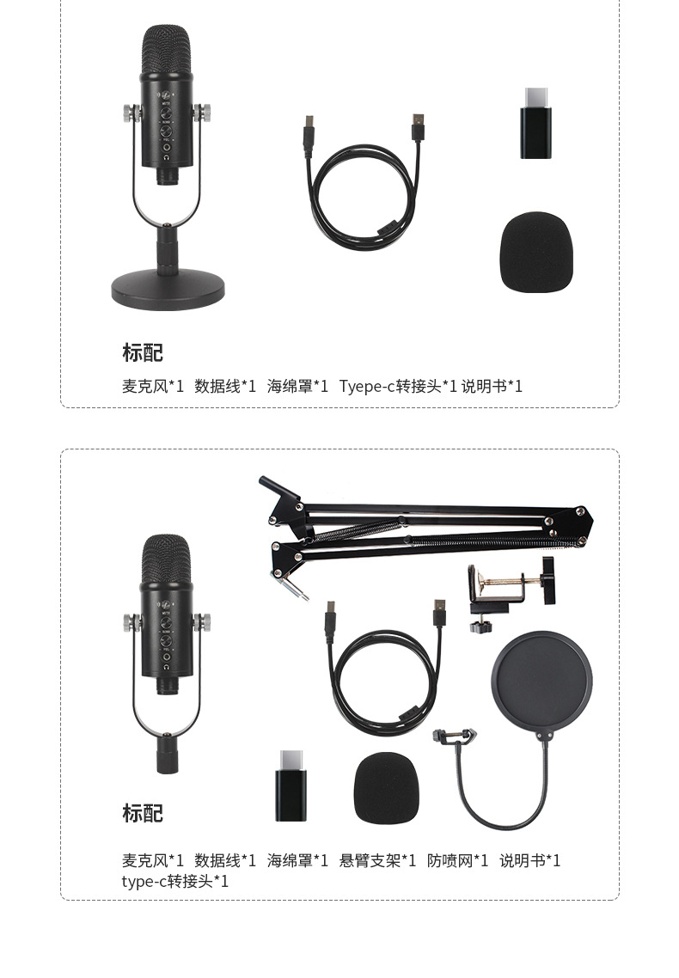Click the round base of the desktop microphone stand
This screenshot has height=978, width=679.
[168, 291]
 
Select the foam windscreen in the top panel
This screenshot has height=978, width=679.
[535, 253]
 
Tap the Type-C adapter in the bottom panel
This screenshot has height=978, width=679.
[291, 785]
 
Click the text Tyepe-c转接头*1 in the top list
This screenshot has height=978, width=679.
[398, 386]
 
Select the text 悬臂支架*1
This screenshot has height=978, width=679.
[377, 860]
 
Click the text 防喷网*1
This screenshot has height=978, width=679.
[457, 860]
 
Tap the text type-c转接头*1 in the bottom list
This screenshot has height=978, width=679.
[175, 881]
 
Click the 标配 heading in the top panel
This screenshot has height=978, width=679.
[142, 352]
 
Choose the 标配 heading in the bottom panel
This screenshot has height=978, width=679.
[142, 813]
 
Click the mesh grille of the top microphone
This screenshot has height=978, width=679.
[166, 52]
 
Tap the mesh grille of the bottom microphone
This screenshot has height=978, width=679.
[166, 559]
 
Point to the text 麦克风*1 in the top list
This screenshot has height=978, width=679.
[153, 386]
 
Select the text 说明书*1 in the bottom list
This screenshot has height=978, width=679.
[529, 860]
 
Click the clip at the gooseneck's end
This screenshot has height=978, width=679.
[454, 737]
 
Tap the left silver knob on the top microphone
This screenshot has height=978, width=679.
[131, 112]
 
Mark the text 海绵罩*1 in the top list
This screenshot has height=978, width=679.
[297, 386]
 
